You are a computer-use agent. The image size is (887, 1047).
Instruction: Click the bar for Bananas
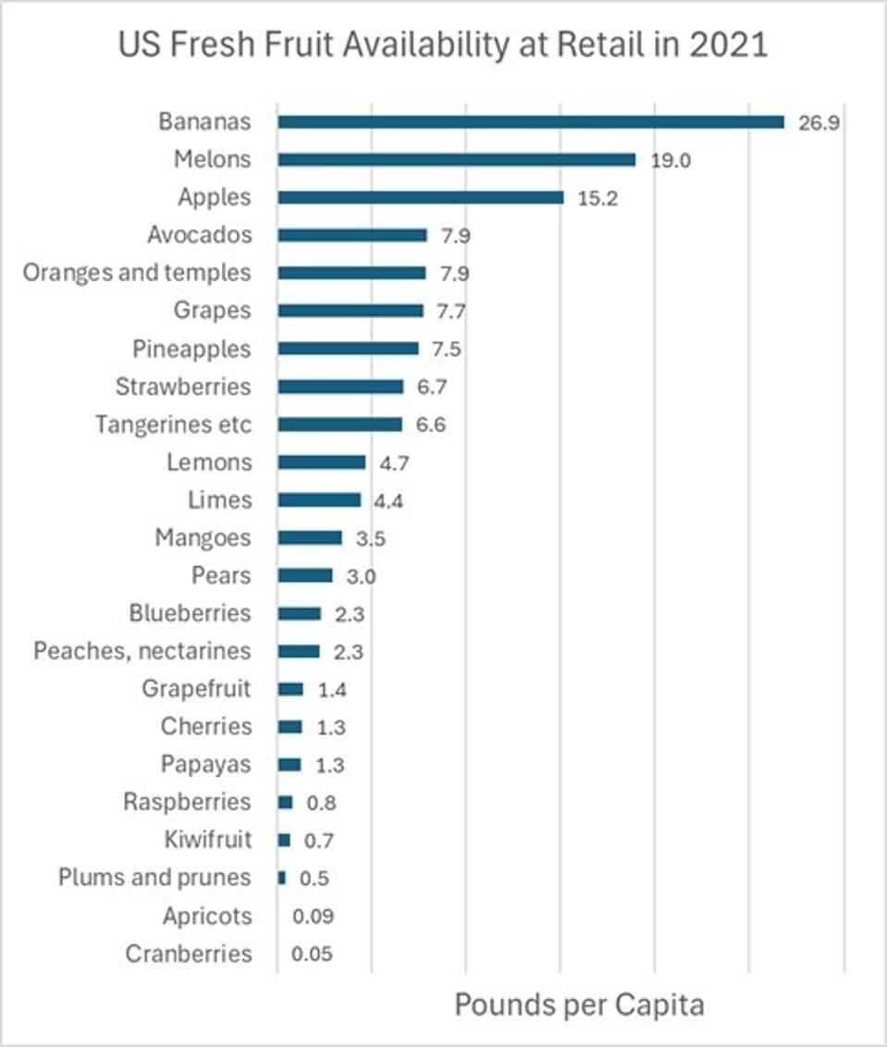pos(531,122)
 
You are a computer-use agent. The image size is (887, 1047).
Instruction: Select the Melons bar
pos(457,160)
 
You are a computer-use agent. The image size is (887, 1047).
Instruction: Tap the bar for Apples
pos(421,197)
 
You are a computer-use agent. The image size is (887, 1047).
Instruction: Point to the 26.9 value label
pos(819,123)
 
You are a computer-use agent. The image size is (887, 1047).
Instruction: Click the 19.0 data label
pos(671,160)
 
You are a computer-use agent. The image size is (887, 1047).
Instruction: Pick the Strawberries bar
pos(340,387)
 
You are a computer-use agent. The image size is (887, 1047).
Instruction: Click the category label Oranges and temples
pos(137,273)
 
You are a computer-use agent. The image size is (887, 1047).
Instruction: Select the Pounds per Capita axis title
pos(579,1004)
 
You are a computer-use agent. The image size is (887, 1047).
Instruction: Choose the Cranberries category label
pos(188,954)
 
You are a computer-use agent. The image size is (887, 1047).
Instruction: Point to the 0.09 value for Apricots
pos(312,917)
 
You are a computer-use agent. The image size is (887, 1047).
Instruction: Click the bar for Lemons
pos(322,462)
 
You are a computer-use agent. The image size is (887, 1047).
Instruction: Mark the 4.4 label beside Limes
pos(388,500)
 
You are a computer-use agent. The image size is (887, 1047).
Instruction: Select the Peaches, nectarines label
pos(142,651)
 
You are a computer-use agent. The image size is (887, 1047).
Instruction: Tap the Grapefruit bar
pos(290,689)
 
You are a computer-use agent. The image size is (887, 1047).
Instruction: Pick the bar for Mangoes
pos(310,537)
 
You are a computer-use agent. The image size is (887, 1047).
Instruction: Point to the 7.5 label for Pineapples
pos(446,349)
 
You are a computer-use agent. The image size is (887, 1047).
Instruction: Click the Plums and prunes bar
pos(282,878)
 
